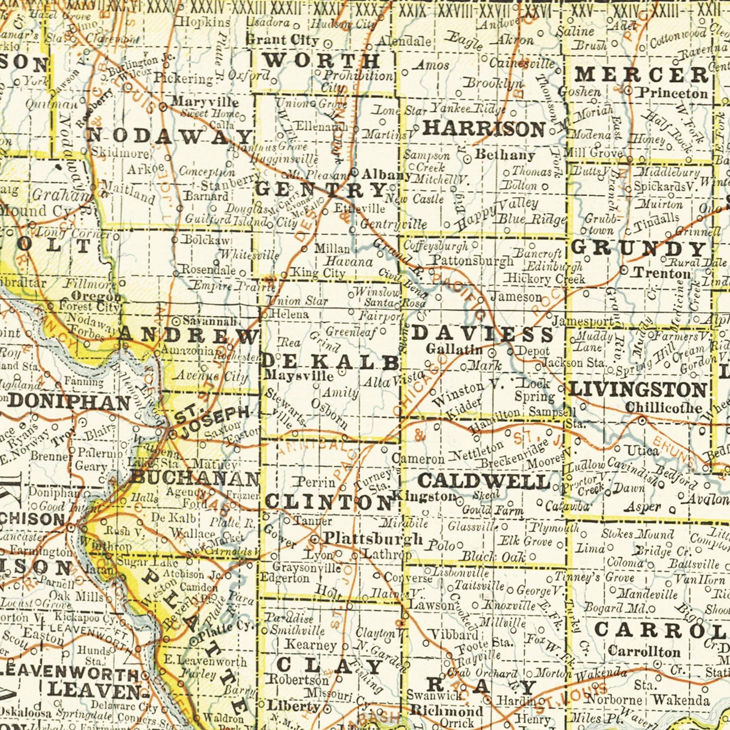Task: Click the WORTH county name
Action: pyautogui.click(x=322, y=61)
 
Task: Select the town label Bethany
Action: pyautogui.click(x=505, y=155)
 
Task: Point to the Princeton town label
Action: pyautogui.click(x=672, y=93)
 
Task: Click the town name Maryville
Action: pyautogui.click(x=205, y=103)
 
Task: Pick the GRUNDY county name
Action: pyautogui.click(x=639, y=249)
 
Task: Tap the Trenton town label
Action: pyautogui.click(x=662, y=273)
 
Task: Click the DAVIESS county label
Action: pyautogui.click(x=483, y=334)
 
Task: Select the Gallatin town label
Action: pyautogui.click(x=454, y=349)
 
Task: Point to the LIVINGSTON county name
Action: pyautogui.click(x=638, y=390)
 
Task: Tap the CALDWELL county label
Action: pyautogui.click(x=484, y=481)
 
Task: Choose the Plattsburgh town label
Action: pyautogui.click(x=373, y=539)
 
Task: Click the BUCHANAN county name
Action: pyautogui.click(x=195, y=477)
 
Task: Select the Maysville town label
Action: pyautogui.click(x=299, y=376)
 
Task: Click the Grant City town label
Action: pyautogui.click(x=282, y=39)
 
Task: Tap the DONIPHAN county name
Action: pyautogui.click(x=70, y=402)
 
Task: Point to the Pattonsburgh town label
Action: pyautogui.click(x=472, y=261)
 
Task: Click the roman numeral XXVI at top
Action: pyautogui.click(x=538, y=10)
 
